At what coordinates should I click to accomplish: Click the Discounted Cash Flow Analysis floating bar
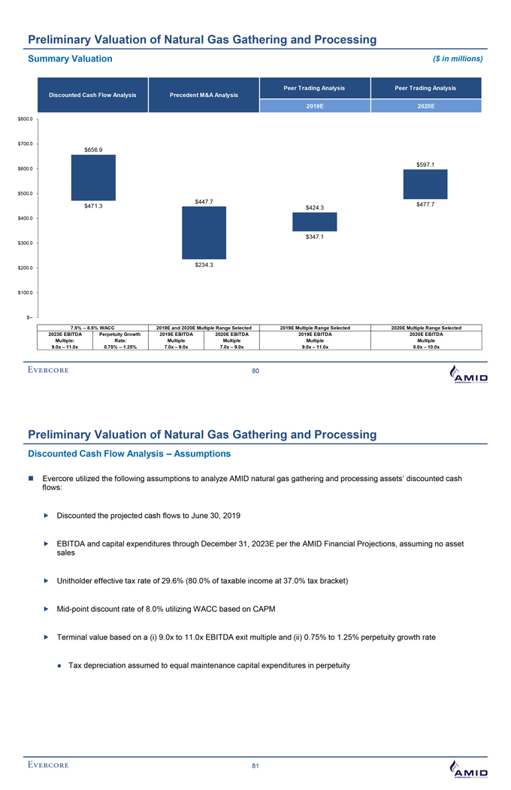(93, 177)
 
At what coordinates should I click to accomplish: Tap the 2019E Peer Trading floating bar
(314, 222)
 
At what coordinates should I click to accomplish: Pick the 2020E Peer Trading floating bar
(425, 184)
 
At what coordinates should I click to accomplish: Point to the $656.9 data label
(93, 149)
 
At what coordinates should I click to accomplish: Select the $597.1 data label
(425, 164)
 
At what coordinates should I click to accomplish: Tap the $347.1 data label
(315, 238)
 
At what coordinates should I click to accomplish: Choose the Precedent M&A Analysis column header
(204, 95)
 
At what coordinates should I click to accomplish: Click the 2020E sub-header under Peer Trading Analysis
(425, 107)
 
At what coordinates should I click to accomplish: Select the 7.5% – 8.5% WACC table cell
(93, 327)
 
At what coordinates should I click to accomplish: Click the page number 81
(255, 766)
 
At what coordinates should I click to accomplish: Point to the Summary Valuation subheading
(70, 59)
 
